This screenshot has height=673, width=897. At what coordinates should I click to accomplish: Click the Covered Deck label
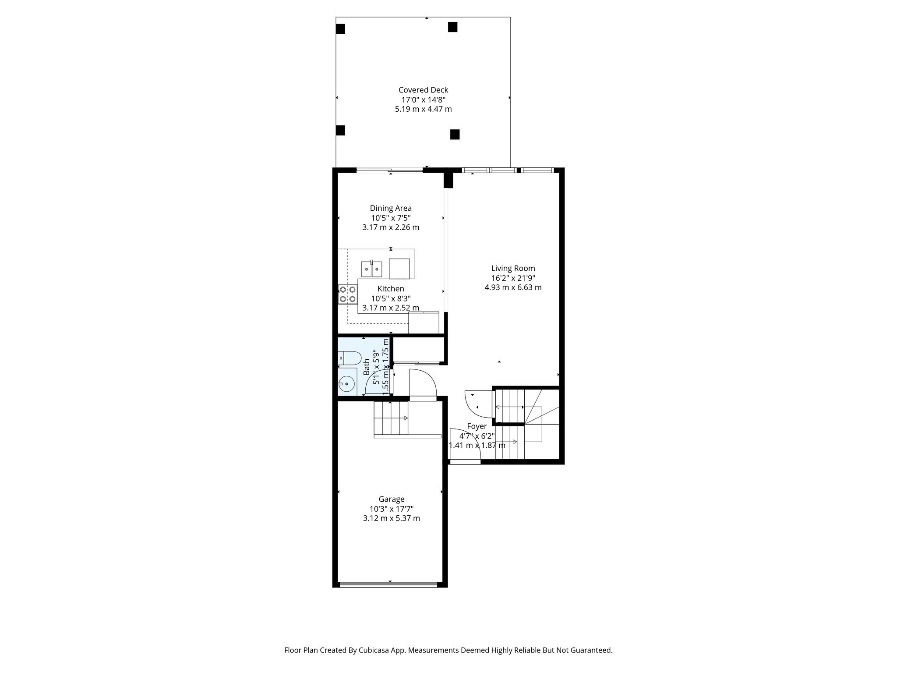423,90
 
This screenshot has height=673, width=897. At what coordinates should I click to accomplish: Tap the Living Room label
513,268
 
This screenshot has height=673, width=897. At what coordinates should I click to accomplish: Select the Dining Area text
391,208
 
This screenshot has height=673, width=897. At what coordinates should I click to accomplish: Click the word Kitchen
391,289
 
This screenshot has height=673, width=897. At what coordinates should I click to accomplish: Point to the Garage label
391,499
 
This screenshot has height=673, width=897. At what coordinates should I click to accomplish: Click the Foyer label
477,426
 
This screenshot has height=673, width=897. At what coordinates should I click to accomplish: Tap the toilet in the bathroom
349,358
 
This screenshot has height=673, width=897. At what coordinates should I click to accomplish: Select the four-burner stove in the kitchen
347,294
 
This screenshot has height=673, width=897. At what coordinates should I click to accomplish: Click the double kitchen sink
371,269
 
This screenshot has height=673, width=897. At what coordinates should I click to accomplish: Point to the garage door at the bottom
388,584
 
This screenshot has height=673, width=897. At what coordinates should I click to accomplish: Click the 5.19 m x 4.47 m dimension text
423,109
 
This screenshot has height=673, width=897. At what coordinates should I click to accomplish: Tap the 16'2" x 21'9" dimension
513,278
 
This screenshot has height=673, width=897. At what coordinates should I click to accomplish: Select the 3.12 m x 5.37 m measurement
391,518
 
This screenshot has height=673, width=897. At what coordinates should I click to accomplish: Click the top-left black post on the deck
340,29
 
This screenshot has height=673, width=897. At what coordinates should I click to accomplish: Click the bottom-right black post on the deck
455,134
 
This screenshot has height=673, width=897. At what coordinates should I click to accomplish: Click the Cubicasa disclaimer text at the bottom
448,650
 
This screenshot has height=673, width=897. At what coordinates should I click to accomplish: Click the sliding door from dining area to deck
389,170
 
